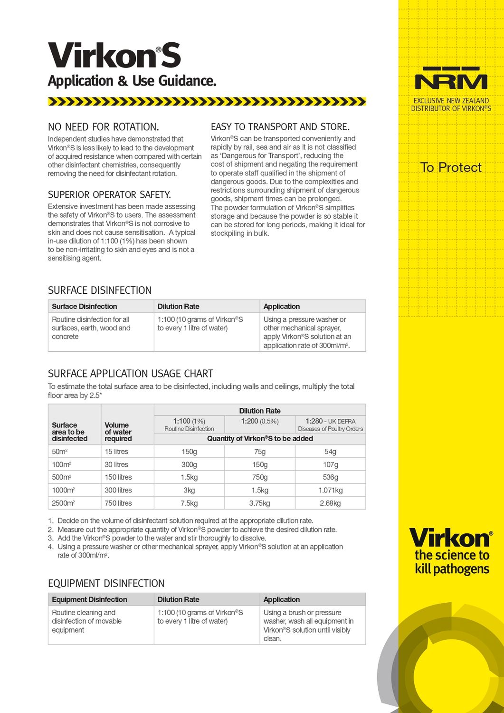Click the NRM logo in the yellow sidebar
point(451,78)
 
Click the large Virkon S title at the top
point(114,55)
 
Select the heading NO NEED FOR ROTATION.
point(104,127)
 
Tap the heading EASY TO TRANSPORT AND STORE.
point(280,127)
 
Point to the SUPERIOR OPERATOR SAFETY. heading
point(109,194)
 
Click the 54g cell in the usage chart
point(330,452)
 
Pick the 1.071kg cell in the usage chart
point(330,490)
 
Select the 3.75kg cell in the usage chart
point(259,503)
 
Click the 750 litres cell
point(118,503)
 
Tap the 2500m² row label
point(63,503)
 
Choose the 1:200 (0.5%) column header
point(259,421)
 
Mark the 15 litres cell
point(116,452)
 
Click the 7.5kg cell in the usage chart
point(189,503)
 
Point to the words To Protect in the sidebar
point(451,167)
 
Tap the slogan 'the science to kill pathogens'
point(452,562)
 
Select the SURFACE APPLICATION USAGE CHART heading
point(131,374)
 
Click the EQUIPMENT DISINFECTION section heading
point(106,583)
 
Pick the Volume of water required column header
point(118,432)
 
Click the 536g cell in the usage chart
point(330,477)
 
